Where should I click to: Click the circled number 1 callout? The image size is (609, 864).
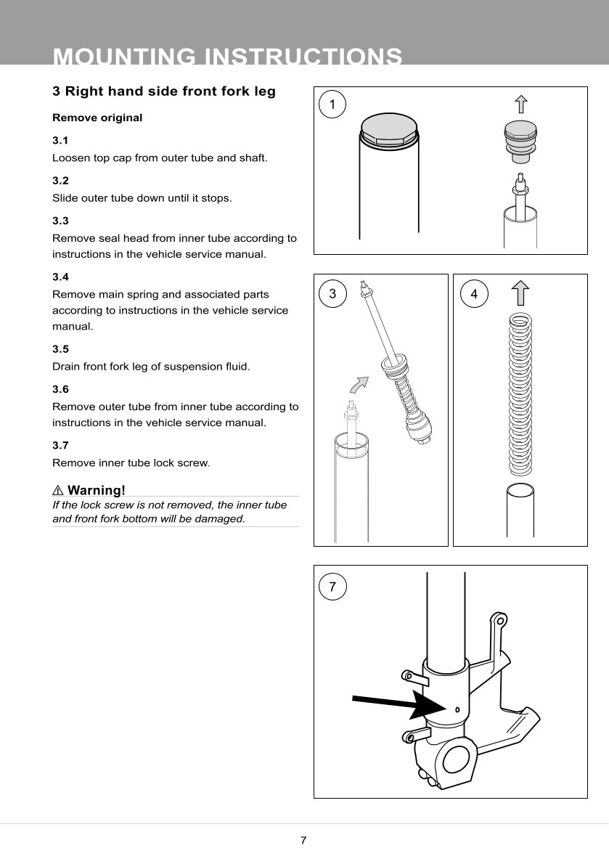[x=332, y=105]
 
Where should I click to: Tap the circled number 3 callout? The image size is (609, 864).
[x=332, y=293]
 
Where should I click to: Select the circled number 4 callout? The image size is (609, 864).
[x=474, y=293]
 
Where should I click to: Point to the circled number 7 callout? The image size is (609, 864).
[x=332, y=587]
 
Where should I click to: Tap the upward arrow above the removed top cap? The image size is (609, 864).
[x=520, y=105]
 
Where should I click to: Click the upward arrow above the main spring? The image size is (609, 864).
[x=520, y=293]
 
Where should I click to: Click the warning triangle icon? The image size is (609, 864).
[x=58, y=491]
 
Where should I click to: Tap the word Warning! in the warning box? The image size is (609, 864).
[x=97, y=491]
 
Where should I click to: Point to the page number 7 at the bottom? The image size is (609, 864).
[x=303, y=841]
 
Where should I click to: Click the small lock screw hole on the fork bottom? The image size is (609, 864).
[x=457, y=709]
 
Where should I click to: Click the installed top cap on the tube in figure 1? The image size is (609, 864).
[x=389, y=134]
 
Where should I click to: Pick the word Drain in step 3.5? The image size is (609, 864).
[x=67, y=367]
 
